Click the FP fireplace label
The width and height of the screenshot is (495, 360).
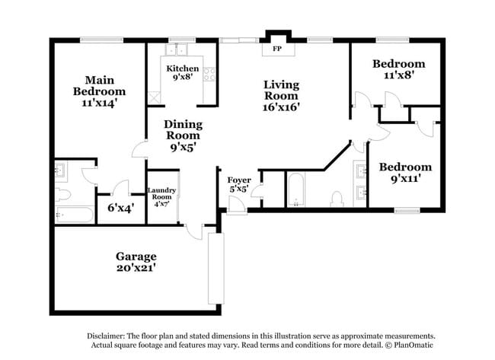pyautogui.click(x=277, y=49)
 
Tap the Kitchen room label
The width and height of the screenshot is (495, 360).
pyautogui.click(x=183, y=68)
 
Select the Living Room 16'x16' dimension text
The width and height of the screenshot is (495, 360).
pyautogui.click(x=281, y=107)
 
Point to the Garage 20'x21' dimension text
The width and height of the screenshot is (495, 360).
pyautogui.click(x=136, y=268)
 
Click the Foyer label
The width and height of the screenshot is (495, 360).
pyautogui.click(x=239, y=180)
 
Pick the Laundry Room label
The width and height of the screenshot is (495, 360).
pyautogui.click(x=161, y=193)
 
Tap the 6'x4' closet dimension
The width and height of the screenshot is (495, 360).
pyautogui.click(x=121, y=209)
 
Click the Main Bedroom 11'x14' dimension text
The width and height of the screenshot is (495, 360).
pyautogui.click(x=100, y=104)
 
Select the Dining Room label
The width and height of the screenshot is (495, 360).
pyautogui.click(x=183, y=129)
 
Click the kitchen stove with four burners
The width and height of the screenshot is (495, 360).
pyautogui.click(x=209, y=75)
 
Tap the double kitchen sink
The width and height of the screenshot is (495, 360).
pyautogui.click(x=176, y=49)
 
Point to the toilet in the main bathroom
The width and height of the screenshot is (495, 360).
pyautogui.click(x=62, y=194)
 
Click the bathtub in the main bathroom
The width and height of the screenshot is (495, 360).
pyautogui.click(x=75, y=215)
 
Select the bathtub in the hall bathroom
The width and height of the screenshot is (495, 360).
pyautogui.click(x=295, y=190)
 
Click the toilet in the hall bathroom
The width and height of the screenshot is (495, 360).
pyautogui.click(x=337, y=199)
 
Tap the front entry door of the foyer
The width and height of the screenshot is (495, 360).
pyautogui.click(x=237, y=205)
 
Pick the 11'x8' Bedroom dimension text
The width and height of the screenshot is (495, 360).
pyautogui.click(x=399, y=75)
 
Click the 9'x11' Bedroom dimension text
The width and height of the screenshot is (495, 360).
pyautogui.click(x=405, y=179)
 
